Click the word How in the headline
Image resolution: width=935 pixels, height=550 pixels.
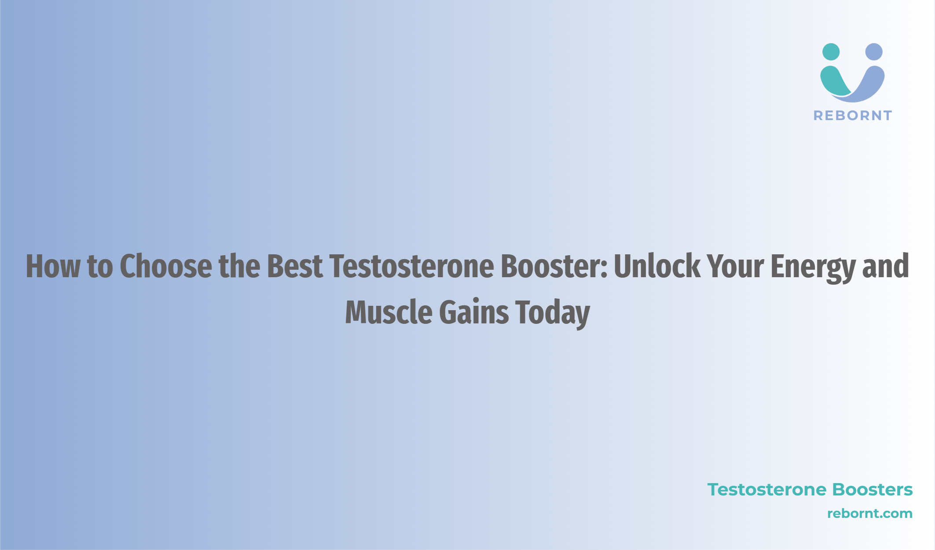pos(53,266)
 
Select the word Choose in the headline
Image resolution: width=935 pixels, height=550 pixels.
pos(166,266)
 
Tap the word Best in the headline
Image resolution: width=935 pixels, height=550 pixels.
pos(295,266)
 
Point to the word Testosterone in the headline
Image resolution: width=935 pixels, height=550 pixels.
pos(412,266)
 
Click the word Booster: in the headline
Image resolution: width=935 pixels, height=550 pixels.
pos(554,266)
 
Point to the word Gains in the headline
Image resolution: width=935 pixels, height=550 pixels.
pos(474,312)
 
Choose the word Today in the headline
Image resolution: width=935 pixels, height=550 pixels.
pos(553,314)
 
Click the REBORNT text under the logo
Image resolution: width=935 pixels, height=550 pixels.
pos(853,116)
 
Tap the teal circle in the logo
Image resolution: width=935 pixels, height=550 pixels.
pos(831,52)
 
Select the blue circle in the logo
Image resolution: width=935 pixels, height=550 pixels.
pos(874,52)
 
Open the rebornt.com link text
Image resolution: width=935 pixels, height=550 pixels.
pos(870,513)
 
